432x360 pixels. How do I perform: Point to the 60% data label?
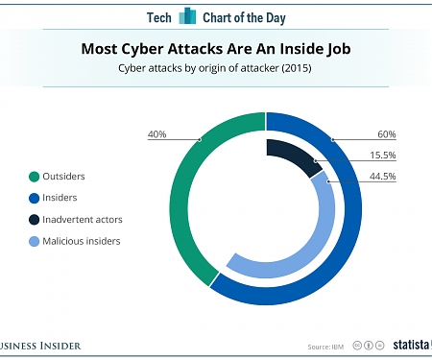[x=386, y=133]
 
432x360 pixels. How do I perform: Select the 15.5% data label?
[x=382, y=156]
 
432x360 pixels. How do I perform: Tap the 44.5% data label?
[x=382, y=177]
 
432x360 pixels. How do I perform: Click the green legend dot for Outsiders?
[x=35, y=176]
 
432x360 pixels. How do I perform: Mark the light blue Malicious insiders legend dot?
[x=35, y=242]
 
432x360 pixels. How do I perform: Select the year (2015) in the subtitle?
[x=294, y=68]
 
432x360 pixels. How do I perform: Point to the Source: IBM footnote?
[x=324, y=347]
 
